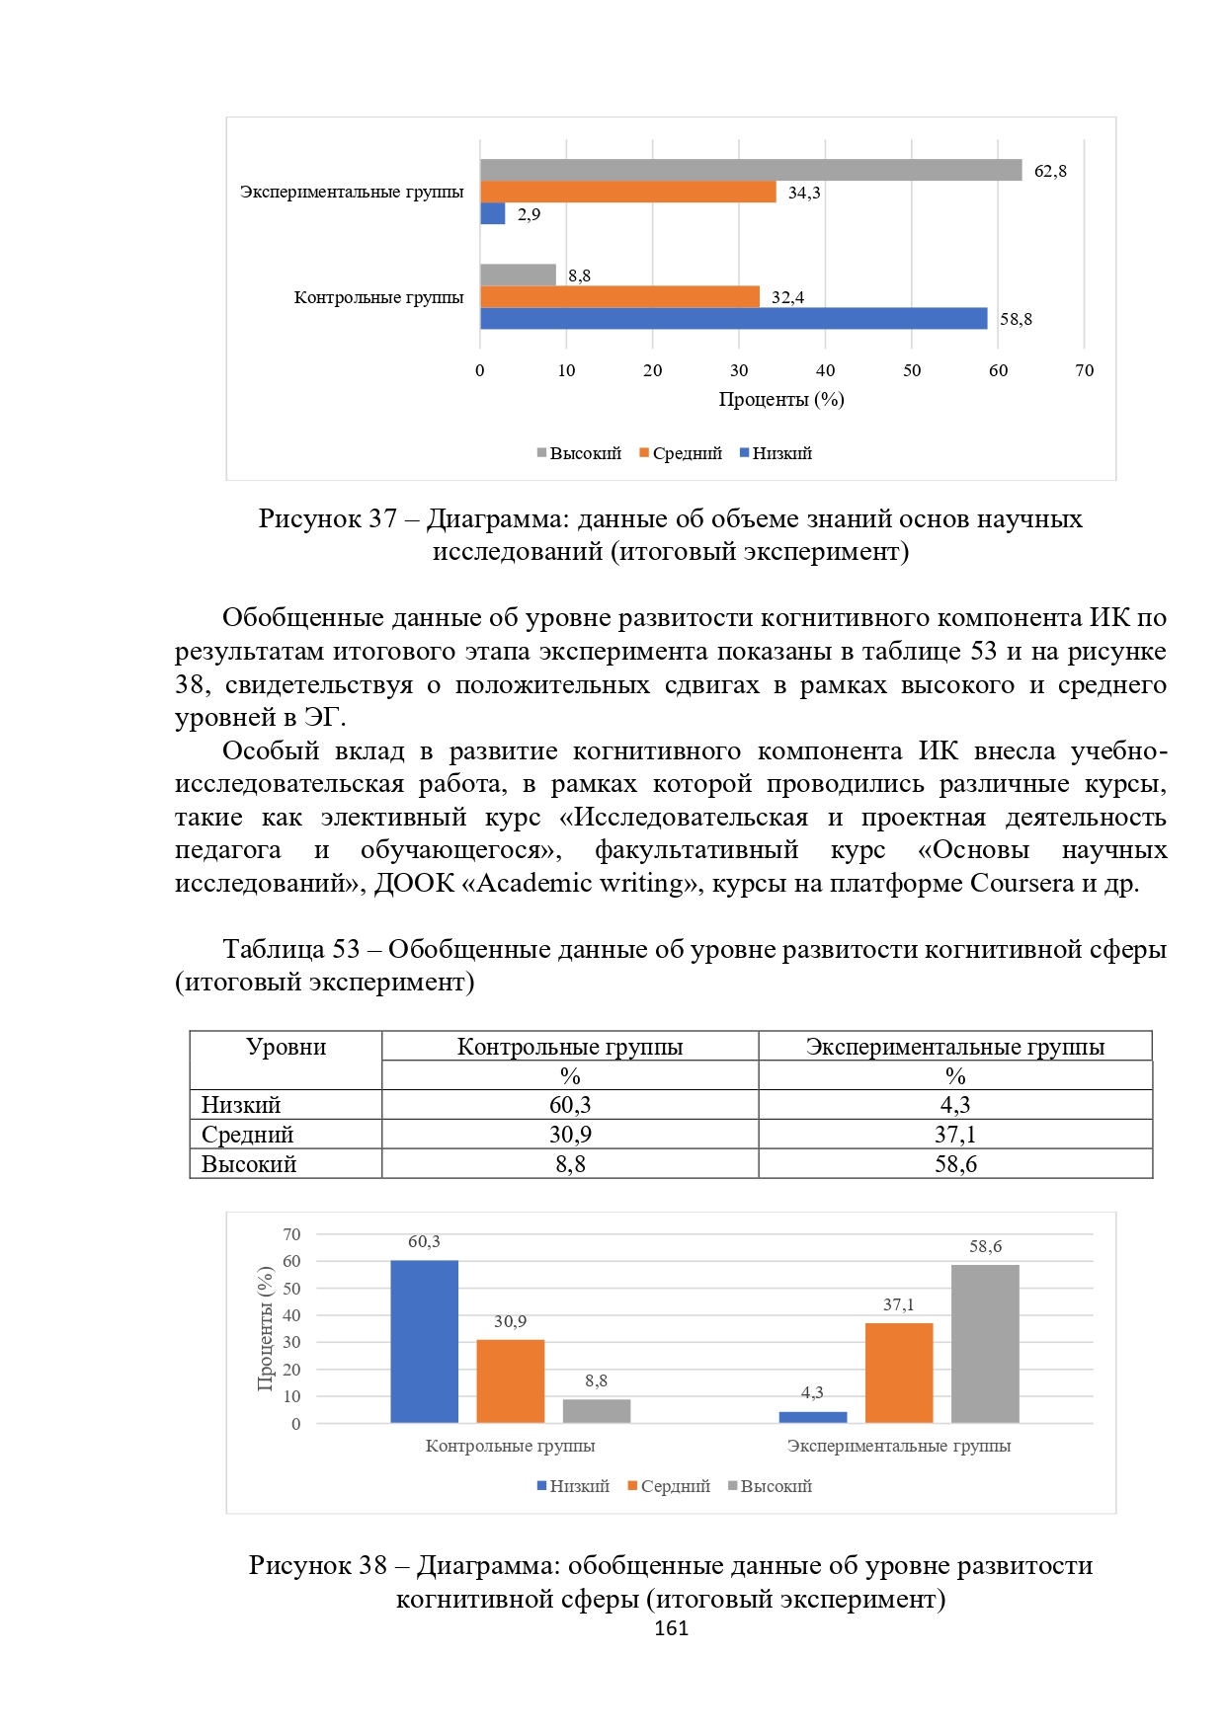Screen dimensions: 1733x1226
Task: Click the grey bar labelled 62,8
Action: click(751, 170)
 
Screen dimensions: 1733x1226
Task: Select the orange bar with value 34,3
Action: click(628, 192)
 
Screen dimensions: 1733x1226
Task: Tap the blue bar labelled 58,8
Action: click(733, 318)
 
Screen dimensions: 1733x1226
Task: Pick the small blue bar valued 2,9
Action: click(492, 213)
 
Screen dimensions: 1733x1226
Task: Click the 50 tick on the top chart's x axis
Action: click(912, 370)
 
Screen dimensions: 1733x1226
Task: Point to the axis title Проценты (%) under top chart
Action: click(780, 399)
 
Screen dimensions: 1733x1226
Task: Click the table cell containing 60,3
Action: click(570, 1105)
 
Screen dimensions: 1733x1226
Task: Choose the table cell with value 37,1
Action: click(955, 1135)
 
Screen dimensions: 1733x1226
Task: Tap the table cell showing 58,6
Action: click(955, 1164)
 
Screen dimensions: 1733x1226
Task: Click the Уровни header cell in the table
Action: click(286, 1048)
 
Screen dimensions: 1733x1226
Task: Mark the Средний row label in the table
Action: click(248, 1135)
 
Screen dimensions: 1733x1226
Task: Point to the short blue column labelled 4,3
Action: click(812, 1417)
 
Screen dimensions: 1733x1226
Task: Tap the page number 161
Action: click(671, 1629)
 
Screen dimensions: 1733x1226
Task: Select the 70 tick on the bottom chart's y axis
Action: click(291, 1234)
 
